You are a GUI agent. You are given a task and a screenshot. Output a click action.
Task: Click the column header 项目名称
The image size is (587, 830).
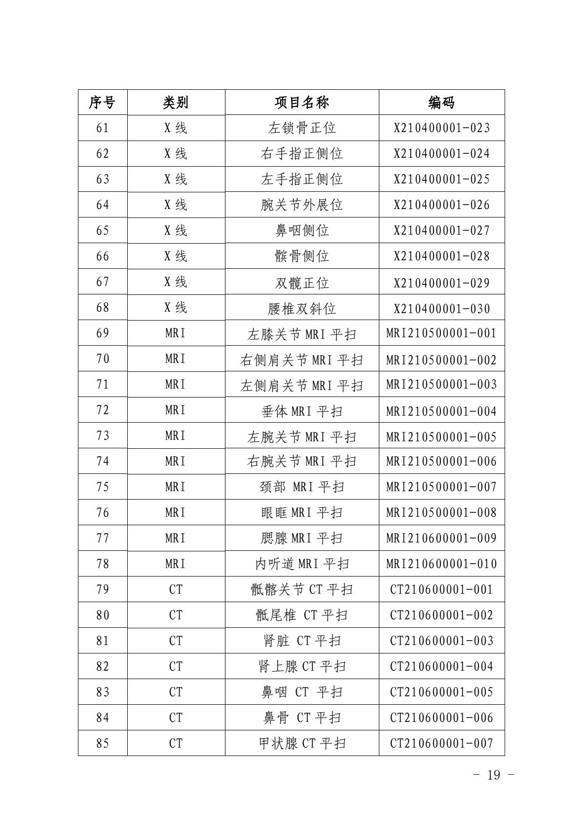(302, 103)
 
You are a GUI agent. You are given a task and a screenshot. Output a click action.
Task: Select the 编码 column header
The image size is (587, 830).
(441, 103)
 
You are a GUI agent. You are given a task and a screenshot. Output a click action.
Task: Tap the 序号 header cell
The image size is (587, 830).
(102, 103)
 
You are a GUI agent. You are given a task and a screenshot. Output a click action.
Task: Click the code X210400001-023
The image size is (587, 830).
(441, 128)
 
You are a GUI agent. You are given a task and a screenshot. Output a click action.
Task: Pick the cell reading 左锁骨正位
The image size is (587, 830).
(302, 128)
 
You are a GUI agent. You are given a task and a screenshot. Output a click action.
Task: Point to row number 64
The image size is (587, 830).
(102, 205)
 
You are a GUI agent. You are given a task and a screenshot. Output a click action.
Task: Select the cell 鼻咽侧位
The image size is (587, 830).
(302, 231)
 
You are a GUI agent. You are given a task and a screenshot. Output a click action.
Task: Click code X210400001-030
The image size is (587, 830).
(441, 309)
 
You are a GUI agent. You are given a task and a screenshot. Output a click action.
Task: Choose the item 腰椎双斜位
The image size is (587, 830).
(302, 309)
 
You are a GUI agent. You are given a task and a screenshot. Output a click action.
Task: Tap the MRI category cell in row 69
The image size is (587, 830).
(176, 333)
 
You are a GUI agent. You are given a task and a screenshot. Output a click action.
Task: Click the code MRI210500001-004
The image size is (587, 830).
(441, 411)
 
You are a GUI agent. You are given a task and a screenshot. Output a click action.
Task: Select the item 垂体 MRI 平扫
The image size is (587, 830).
(302, 411)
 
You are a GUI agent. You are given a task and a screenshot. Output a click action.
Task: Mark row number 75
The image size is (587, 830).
(102, 487)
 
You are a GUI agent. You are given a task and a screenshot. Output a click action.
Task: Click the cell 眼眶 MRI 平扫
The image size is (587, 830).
(302, 513)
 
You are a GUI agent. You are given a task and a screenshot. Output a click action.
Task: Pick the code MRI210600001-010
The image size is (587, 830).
(441, 564)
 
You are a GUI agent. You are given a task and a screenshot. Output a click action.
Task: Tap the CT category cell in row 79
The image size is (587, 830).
(176, 589)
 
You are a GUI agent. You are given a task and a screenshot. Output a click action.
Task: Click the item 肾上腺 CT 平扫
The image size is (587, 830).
(302, 666)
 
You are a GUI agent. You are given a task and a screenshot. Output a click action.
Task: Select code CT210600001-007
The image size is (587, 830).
(441, 743)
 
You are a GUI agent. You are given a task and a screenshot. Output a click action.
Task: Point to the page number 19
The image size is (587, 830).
(493, 775)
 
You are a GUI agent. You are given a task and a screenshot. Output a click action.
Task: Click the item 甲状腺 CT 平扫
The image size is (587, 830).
(302, 743)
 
